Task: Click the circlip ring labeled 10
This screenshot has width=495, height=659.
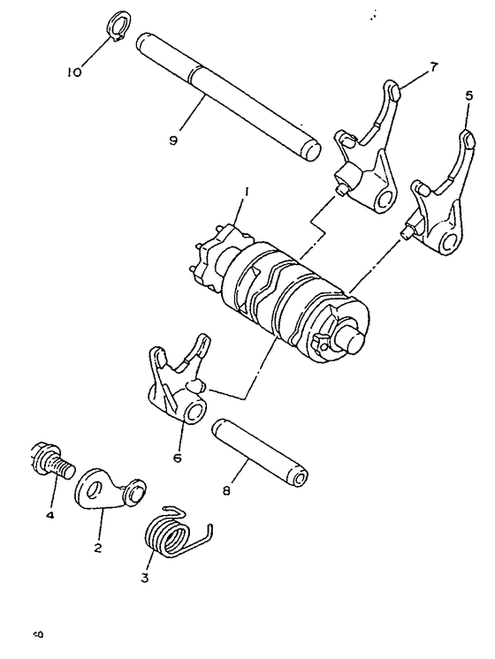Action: [x=118, y=26]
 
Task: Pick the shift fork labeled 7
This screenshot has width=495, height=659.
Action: [x=363, y=159]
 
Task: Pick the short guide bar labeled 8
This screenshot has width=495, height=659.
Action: [x=262, y=451]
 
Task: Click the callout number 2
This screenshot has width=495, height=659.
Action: [x=98, y=547]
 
